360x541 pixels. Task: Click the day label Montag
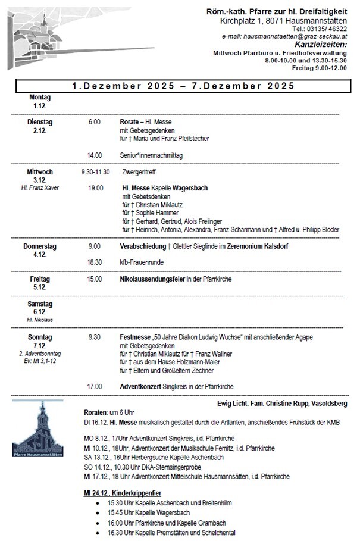[40, 97]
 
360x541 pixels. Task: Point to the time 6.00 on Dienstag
[94, 122]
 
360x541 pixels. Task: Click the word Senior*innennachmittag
[151, 155]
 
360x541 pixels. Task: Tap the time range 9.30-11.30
[95, 172]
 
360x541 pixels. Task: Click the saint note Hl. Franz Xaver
[40, 188]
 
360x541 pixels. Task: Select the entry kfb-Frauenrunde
[142, 262]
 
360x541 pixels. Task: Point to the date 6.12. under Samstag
[40, 312]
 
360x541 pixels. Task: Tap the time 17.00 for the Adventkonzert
[94, 386]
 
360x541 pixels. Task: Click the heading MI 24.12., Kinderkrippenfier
[123, 493]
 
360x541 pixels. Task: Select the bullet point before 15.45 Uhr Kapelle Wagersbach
[98, 512]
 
